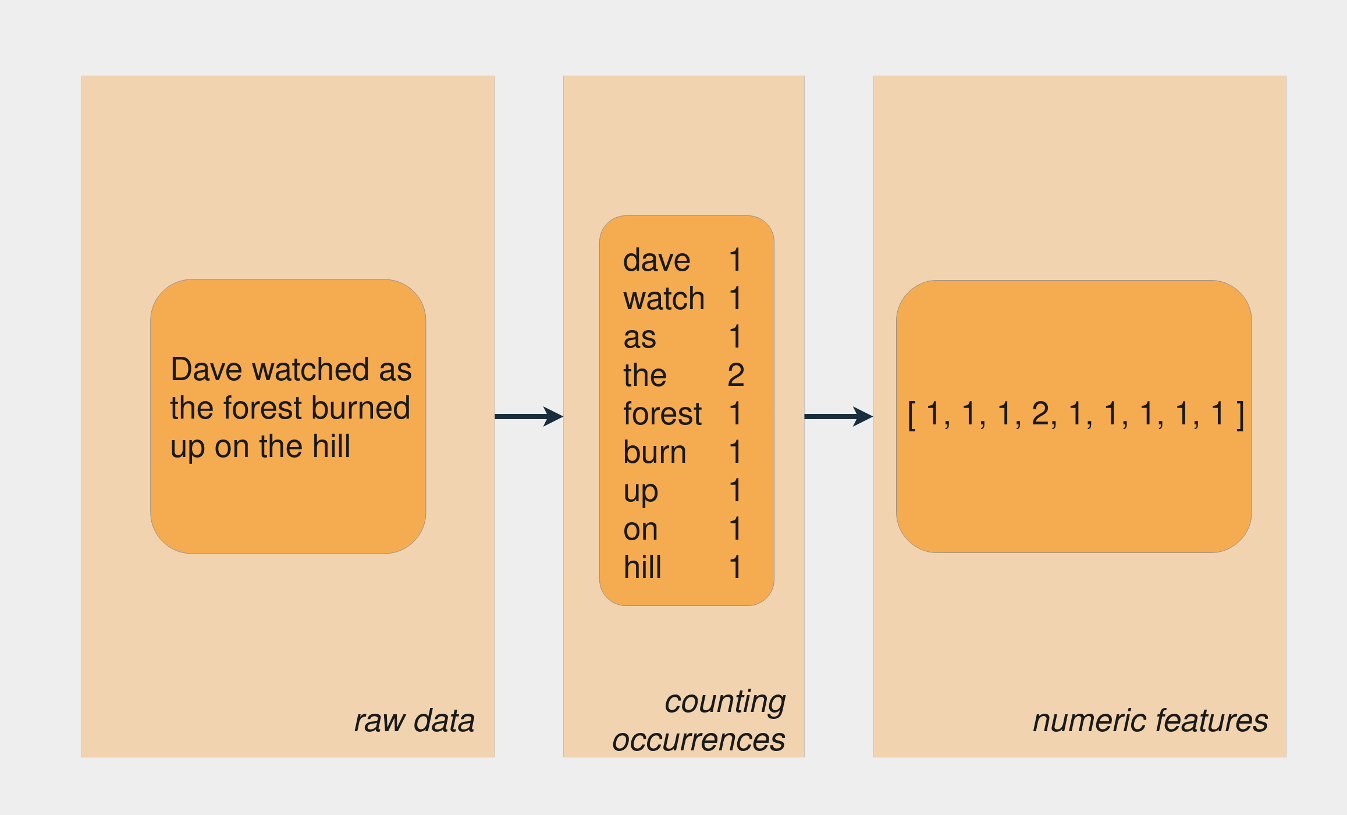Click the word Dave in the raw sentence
[x=207, y=370]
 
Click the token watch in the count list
[x=663, y=299]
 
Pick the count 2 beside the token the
[x=735, y=375]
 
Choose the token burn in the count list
[x=655, y=452]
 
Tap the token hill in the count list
[x=642, y=567]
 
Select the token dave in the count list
[x=656, y=260]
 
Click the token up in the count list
[x=641, y=492]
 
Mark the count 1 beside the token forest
[x=735, y=414]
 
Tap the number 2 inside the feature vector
[x=1040, y=414]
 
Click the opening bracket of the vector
[x=912, y=415]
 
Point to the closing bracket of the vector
[x=1241, y=415]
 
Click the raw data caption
[x=414, y=721]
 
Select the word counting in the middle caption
[x=724, y=701]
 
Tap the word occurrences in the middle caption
[x=698, y=740]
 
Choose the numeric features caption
[x=1150, y=721]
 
